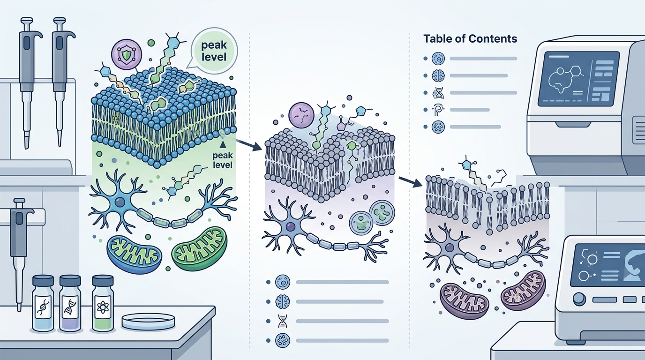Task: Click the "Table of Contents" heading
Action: point(470,38)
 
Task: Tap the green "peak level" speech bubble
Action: point(215,51)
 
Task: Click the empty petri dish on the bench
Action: point(148,322)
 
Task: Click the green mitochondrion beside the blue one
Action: point(200,249)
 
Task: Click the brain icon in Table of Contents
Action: point(438,76)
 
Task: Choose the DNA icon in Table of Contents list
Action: point(438,93)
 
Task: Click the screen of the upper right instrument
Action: point(579,79)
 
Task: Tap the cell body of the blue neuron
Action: point(120,203)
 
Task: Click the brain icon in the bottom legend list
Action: point(282,302)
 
